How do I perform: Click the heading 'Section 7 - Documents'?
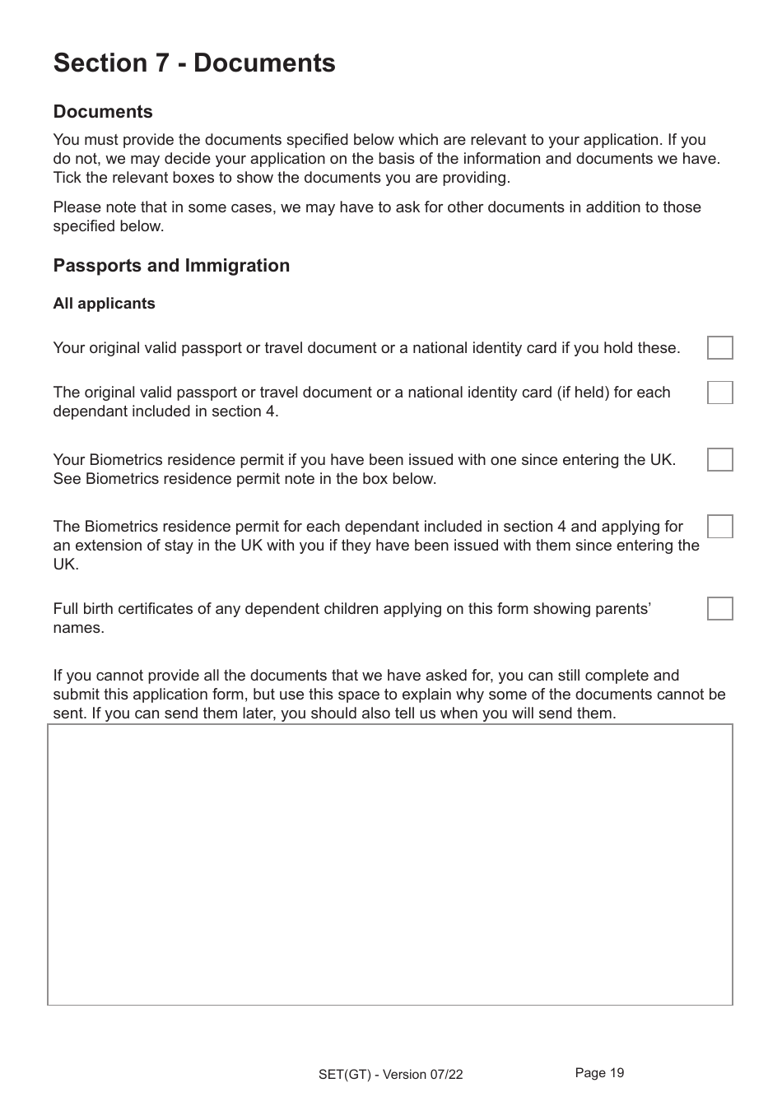pos(194,63)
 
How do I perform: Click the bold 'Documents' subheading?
pos(103,112)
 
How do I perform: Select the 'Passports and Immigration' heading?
pos(171,266)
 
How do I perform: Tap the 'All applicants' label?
pos(104,304)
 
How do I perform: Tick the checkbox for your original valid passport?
pos(719,348)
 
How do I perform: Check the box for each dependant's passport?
pos(719,393)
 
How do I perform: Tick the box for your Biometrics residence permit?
pos(719,460)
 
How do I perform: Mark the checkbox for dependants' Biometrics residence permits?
pos(719,527)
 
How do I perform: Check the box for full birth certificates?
pos(719,609)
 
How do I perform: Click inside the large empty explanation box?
pos(389,864)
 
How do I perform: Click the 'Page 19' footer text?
pos(599,1072)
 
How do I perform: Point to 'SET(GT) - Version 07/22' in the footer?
pos(390,1075)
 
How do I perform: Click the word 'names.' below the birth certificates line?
pos(78,628)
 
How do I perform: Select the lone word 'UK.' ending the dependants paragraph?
pos(66,565)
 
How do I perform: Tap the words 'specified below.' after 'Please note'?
pos(108,226)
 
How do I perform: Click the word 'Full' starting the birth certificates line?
pos(67,609)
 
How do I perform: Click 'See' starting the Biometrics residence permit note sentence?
pos(67,479)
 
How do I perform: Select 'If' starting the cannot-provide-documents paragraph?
pos(58,676)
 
